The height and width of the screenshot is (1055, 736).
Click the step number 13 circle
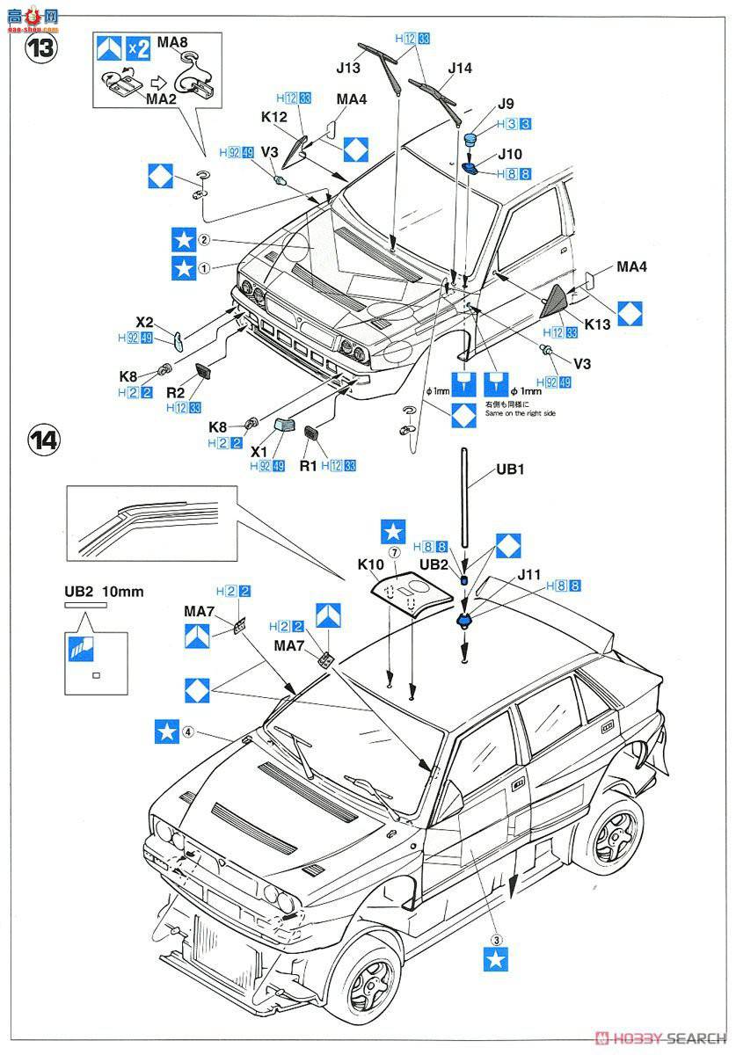point(41,47)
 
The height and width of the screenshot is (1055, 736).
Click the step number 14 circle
point(41,440)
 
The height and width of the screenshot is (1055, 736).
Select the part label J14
point(459,69)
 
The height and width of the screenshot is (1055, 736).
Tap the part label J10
point(509,154)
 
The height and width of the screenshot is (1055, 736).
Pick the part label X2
point(145,322)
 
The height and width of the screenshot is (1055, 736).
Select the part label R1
point(309,465)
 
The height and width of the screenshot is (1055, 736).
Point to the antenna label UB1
point(510,469)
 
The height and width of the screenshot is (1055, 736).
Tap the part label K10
point(368,564)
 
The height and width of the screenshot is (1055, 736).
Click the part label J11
point(529,575)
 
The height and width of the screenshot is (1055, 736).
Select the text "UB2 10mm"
point(104,591)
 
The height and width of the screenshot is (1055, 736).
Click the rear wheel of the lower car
point(615,835)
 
